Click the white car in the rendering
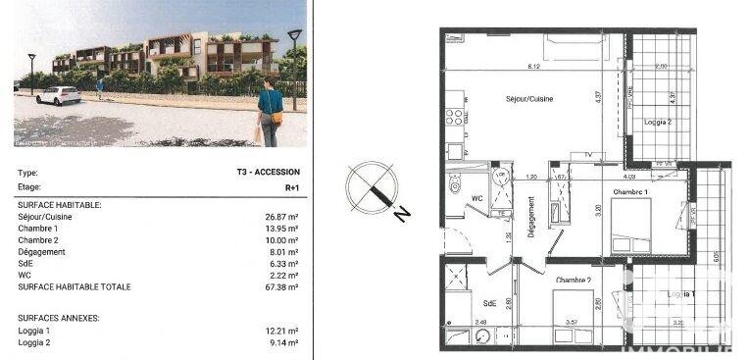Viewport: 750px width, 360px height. pyautogui.click(x=58, y=95)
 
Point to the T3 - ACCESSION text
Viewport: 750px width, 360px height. pyautogui.click(x=268, y=172)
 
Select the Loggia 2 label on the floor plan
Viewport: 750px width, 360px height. pyautogui.click(x=658, y=123)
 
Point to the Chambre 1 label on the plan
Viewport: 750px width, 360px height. pyautogui.click(x=631, y=191)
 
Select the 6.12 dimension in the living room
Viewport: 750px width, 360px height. pyautogui.click(x=533, y=67)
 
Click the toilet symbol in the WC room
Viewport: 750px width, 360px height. pyautogui.click(x=455, y=184)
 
